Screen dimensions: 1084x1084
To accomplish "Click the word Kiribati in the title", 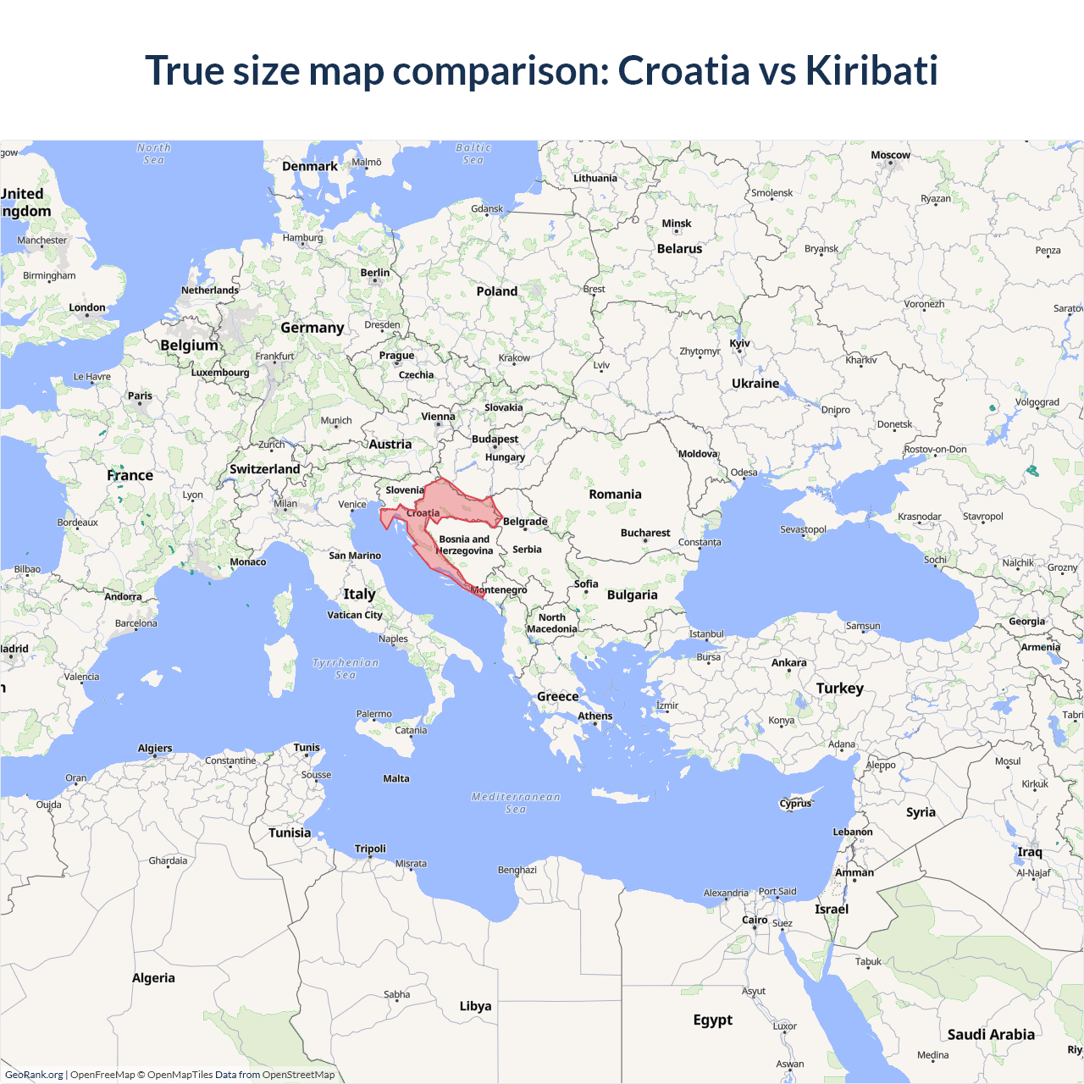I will pos(871,70).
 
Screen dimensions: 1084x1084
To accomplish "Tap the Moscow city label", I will pos(890,155).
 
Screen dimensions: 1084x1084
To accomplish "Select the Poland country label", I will pos(496,291).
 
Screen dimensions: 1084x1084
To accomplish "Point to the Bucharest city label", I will pos(645,533).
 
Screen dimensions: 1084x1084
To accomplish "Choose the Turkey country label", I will pos(839,689).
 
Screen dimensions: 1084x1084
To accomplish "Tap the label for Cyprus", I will pos(795,804).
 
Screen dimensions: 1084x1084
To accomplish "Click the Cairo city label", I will pos(755,920).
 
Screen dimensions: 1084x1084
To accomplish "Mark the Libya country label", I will pos(475,1006).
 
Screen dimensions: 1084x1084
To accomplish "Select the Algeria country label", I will pos(153,978).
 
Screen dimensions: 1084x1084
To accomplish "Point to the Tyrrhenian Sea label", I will pos(346,669).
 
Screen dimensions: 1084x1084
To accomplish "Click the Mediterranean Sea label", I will pos(516,803).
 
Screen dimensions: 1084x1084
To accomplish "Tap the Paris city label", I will pos(140,395).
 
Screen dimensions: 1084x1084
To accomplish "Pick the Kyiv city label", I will pos(739,344).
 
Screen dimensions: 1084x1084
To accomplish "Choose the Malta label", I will pos(395,778).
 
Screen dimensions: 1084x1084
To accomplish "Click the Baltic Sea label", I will pos(473,153).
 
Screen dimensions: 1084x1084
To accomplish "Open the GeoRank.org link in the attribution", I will pos(34,1075).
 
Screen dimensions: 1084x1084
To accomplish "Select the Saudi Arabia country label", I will pos(991,1035).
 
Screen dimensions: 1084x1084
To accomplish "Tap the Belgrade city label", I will pos(525,522).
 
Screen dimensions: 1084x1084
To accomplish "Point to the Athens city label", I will pos(595,716).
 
